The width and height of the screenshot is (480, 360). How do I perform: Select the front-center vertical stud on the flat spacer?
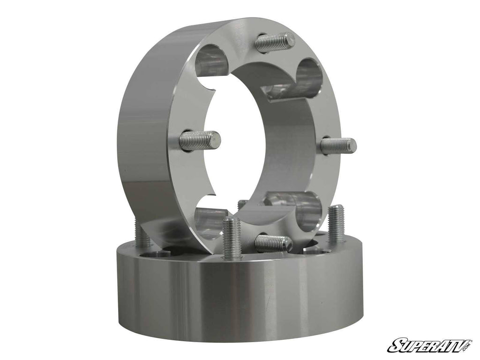coord(232,237)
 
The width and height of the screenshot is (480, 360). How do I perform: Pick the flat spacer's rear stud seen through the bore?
coord(242,205)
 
